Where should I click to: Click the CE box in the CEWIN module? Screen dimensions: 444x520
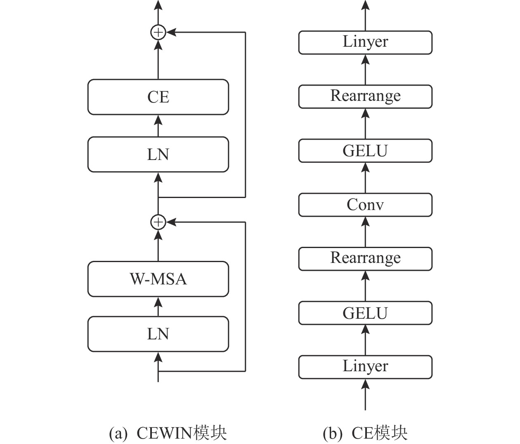click(158, 97)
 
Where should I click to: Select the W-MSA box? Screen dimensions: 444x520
click(158, 279)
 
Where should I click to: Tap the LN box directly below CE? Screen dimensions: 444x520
click(158, 155)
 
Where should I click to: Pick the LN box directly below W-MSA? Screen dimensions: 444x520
click(158, 334)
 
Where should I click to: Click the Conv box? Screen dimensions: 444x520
click(365, 205)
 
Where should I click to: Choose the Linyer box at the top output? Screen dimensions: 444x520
click(365, 42)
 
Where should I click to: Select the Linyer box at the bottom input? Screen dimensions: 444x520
click(365, 367)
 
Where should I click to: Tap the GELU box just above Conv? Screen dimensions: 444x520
click(365, 151)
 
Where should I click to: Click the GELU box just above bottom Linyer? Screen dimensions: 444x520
click(365, 313)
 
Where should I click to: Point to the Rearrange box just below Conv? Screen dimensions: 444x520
click(365, 259)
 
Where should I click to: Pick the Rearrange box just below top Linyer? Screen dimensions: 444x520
click(365, 97)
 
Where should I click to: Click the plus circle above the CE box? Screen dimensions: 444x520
click(158, 32)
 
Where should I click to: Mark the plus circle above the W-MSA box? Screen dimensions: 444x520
click(158, 222)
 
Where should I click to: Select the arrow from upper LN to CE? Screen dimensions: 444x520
click(158, 126)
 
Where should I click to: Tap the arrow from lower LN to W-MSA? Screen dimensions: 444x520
click(158, 306)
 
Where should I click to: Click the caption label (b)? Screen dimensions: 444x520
click(333, 433)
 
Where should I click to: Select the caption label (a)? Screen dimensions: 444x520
click(118, 433)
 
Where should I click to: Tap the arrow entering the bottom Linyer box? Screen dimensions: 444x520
click(365, 394)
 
